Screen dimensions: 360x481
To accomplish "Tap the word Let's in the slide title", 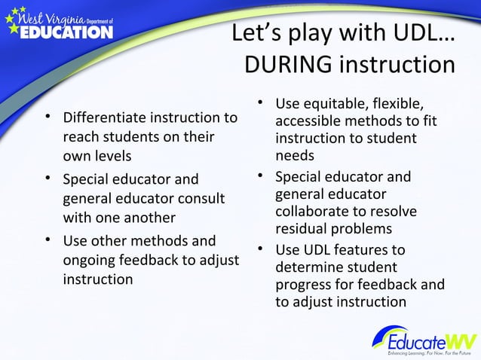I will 255,33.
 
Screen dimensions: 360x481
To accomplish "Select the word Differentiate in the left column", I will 105,119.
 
